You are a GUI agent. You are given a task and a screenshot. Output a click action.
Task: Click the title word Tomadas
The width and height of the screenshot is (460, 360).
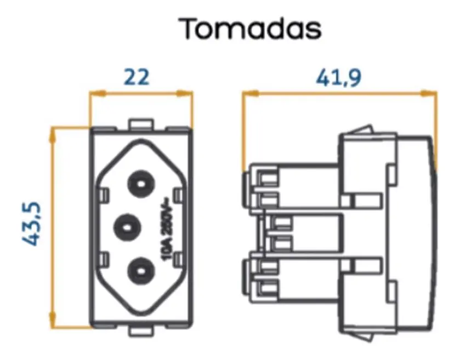coord(252,28)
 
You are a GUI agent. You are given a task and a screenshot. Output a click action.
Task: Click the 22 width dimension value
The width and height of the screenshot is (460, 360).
coord(137,77)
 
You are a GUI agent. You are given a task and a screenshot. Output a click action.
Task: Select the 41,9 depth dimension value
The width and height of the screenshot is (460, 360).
coord(338,78)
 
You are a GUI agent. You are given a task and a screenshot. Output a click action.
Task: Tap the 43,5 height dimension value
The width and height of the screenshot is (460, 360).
coord(31,224)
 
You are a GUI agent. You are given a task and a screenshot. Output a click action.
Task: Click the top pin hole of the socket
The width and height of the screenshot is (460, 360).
coord(141,185)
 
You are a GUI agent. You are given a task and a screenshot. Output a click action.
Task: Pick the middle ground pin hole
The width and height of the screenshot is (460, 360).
coord(127,227)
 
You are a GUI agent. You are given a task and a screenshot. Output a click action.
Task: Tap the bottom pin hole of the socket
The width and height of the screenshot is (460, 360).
coord(141,271)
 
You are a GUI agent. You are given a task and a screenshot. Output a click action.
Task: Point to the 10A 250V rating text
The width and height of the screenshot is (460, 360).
coord(167,229)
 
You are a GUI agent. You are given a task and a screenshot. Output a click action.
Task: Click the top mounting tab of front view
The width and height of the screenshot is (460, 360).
coord(141,123)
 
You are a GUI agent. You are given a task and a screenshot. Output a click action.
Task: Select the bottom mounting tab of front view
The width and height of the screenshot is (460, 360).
coord(141,332)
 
